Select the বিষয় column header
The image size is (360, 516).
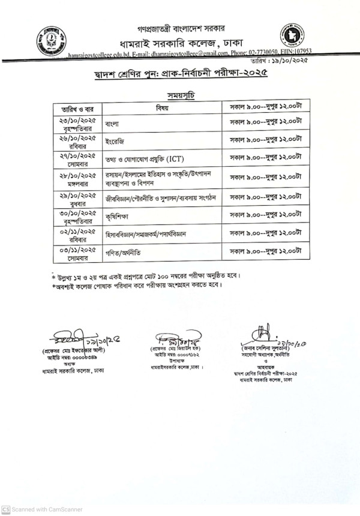163,108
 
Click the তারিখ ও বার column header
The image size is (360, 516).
74,109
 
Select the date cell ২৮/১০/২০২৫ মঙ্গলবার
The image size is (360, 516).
74,178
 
